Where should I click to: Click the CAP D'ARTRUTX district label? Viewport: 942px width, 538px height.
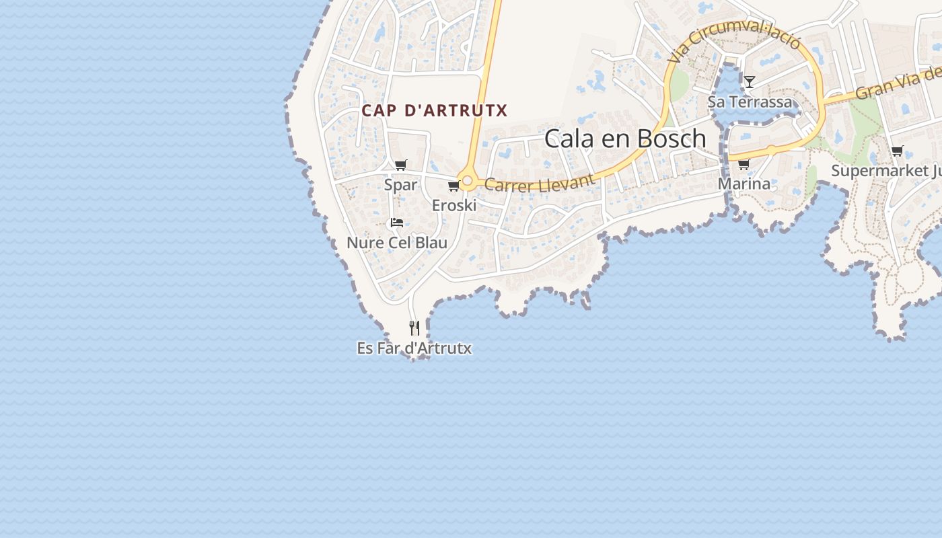click(434, 110)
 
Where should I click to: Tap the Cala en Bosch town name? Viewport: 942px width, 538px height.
click(625, 139)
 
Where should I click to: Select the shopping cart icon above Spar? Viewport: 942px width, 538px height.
click(401, 165)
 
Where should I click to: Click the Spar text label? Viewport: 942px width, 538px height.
click(400, 184)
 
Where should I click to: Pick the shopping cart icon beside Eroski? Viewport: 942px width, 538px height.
click(454, 186)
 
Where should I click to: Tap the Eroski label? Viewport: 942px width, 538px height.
click(454, 205)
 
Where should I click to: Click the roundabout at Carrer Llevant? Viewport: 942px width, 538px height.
click(468, 182)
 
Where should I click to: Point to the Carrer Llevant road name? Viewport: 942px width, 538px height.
click(540, 182)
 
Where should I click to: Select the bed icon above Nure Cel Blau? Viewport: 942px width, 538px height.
click(397, 223)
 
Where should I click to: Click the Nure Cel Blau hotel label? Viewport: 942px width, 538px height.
click(397, 243)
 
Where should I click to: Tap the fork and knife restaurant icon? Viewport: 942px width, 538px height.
click(414, 328)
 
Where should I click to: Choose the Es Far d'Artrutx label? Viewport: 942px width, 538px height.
click(414, 348)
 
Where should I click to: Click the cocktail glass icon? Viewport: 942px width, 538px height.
click(750, 82)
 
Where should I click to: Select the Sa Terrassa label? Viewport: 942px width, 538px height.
click(750, 102)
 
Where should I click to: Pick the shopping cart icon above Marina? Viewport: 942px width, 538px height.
click(744, 164)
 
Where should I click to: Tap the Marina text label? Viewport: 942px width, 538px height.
click(744, 184)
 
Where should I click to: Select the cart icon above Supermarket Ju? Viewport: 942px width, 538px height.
click(897, 151)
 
